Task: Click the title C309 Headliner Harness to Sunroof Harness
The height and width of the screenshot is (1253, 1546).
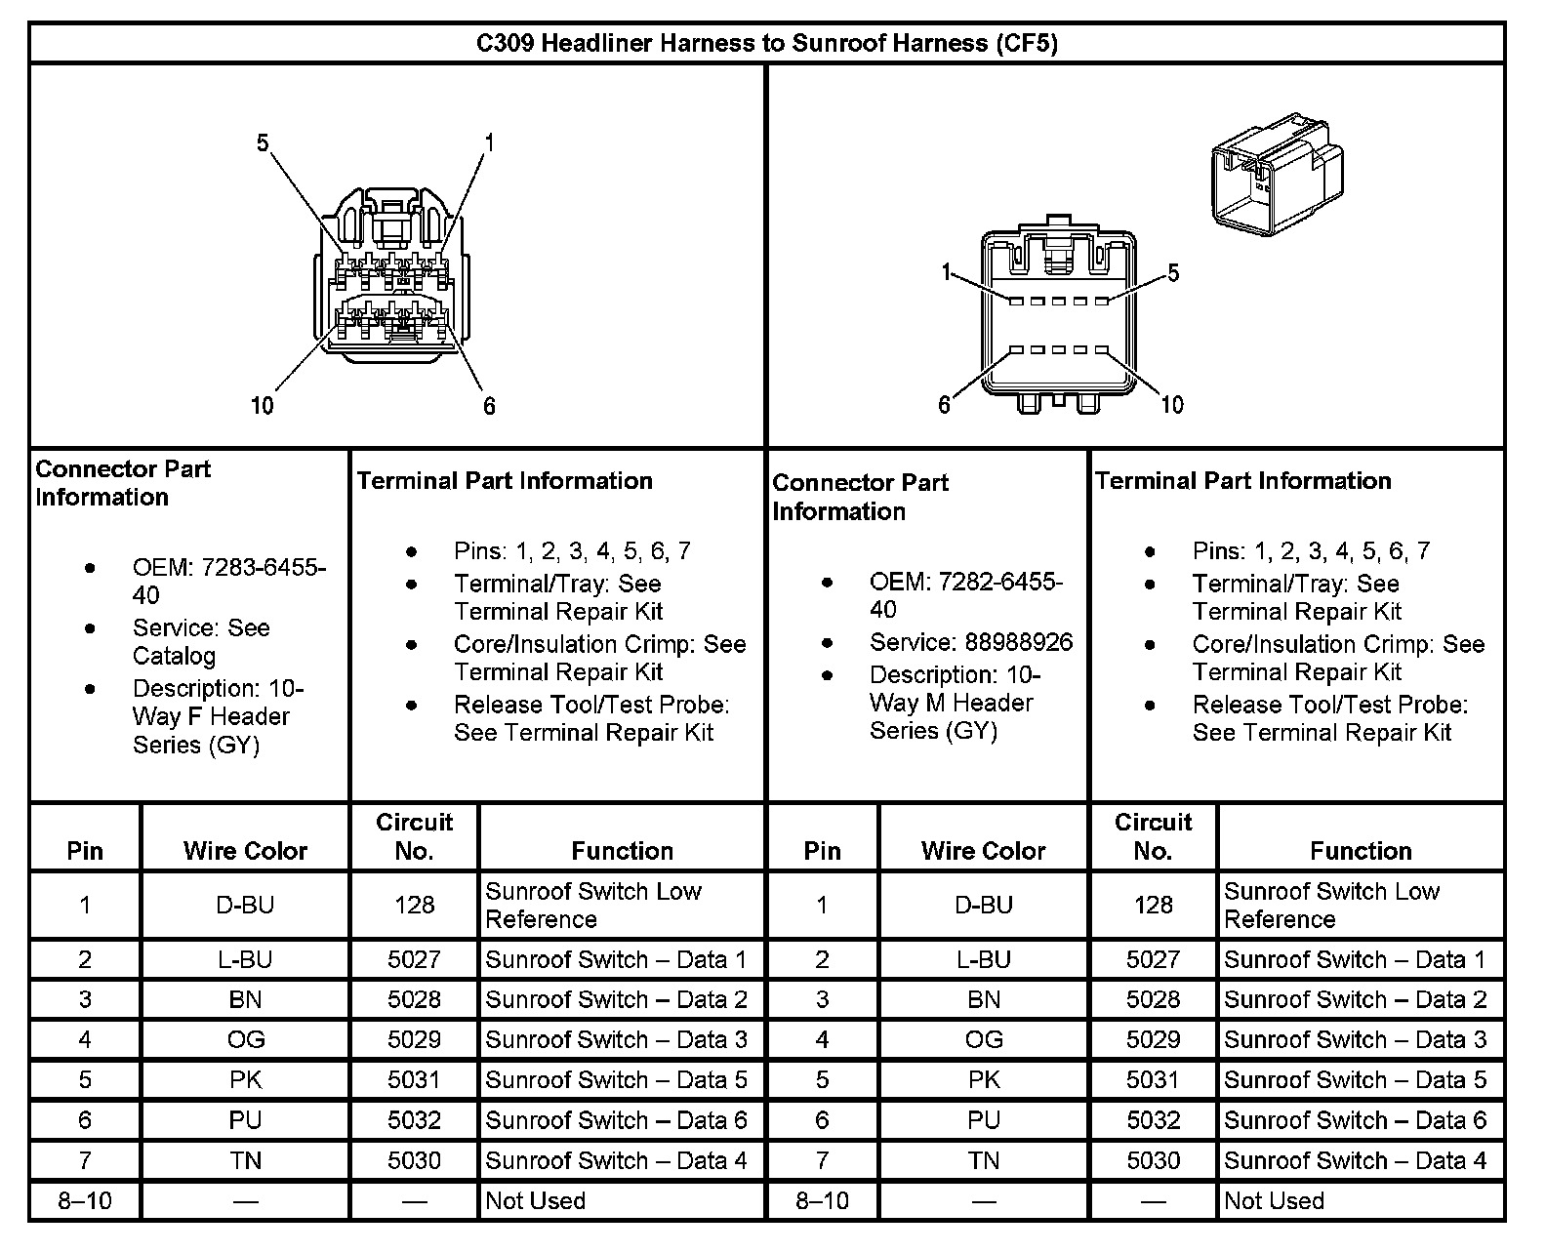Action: pos(766,43)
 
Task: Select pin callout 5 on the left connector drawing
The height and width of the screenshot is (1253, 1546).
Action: pos(263,143)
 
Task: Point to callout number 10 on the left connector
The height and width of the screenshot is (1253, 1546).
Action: pos(263,405)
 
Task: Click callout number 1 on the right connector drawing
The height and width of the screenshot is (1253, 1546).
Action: pos(945,272)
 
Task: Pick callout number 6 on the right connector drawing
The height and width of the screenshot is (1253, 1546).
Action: pos(944,404)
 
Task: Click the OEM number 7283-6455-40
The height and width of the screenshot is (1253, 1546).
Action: pos(229,582)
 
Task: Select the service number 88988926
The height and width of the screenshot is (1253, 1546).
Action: pos(1018,642)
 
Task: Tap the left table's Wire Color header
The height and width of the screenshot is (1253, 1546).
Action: pos(245,851)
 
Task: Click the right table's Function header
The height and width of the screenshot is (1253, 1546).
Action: pos(1361,851)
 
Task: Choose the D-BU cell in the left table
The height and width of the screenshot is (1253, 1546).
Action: pos(245,905)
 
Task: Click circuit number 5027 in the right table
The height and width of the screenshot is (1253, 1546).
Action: pos(1153,959)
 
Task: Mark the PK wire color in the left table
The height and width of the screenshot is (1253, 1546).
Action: pos(245,1079)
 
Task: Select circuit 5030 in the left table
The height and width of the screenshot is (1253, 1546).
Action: pos(414,1160)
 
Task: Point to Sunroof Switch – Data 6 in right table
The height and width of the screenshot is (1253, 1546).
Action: pos(1355,1120)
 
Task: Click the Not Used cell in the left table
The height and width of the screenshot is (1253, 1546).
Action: pos(536,1200)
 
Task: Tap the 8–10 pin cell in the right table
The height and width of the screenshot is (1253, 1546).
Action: pos(822,1200)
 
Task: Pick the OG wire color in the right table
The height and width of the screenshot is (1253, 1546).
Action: pos(983,1039)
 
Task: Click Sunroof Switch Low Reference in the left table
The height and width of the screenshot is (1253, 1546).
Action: pos(592,905)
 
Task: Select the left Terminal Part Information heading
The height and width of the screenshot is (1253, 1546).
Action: pos(505,480)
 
